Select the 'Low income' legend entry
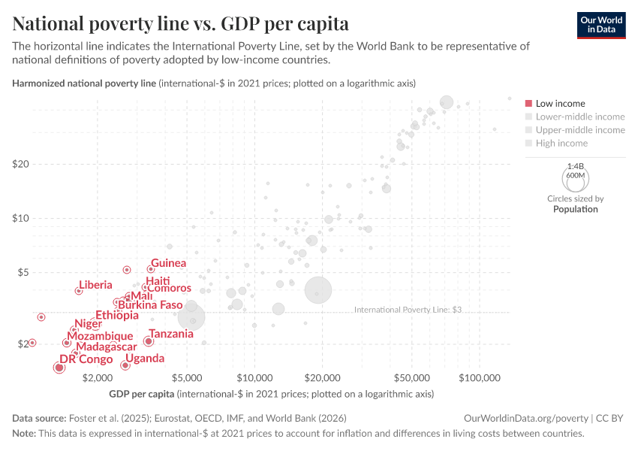pyautogui.click(x=555, y=103)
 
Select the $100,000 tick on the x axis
pyautogui.click(x=478, y=377)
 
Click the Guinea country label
pyautogui.click(x=168, y=263)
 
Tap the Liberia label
pyautogui.click(x=95, y=285)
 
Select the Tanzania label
pyautogui.click(x=172, y=333)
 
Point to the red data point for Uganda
pyautogui.click(x=125, y=365)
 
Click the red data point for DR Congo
pyautogui.click(x=59, y=367)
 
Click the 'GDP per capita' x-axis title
pyautogui.click(x=142, y=393)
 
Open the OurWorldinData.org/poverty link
pyautogui.click(x=527, y=418)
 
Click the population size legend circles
pyautogui.click(x=575, y=178)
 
